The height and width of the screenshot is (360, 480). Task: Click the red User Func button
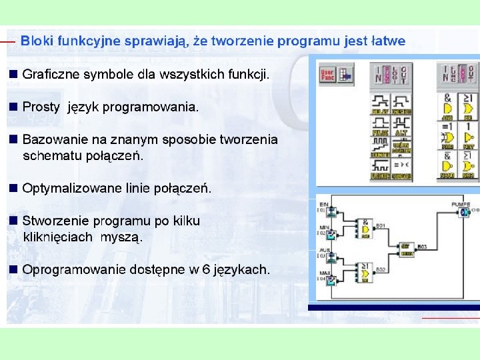327,75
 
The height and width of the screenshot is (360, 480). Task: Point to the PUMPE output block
463,212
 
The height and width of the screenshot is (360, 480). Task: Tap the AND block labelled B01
365,229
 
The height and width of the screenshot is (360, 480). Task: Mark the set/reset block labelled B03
406,249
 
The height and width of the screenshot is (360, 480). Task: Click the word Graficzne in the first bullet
49,75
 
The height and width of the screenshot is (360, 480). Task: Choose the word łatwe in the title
387,41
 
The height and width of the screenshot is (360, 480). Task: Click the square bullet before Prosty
13,107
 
